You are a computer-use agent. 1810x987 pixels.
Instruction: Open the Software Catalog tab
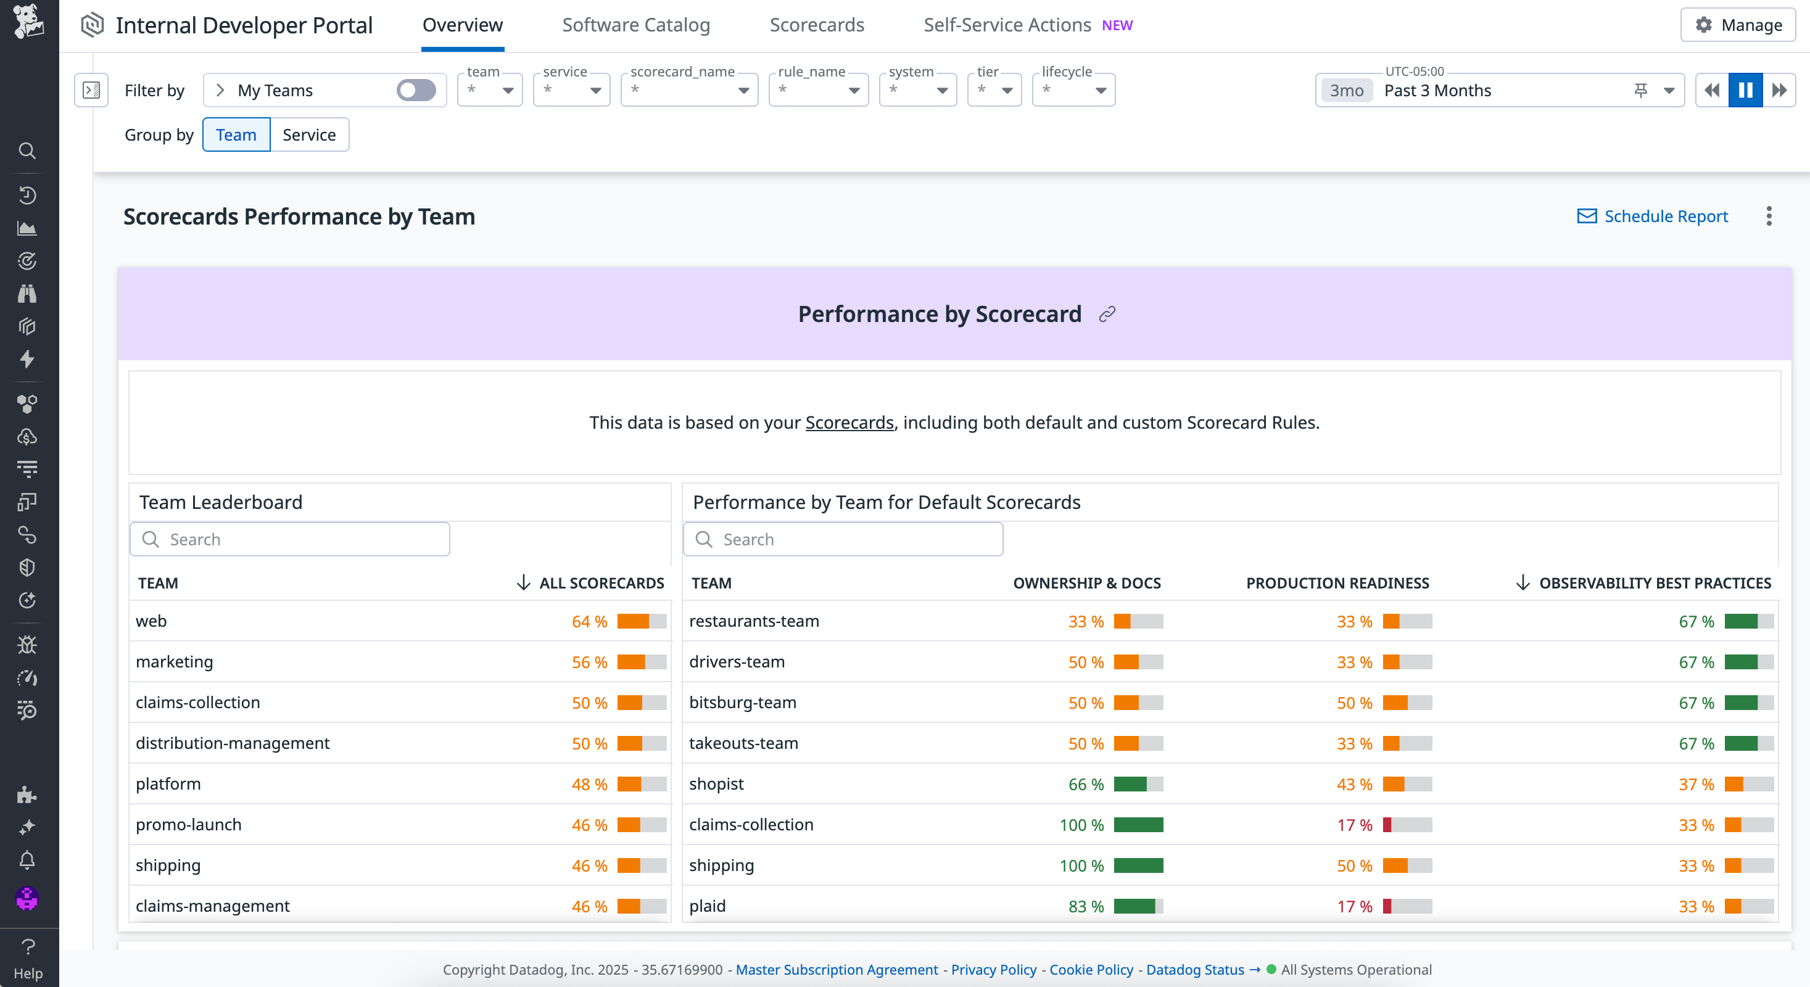point(635,25)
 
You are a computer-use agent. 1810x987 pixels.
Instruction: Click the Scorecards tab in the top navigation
point(816,25)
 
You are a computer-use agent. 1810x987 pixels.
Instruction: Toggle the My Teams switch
point(416,90)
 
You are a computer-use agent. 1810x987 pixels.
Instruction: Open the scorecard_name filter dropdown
point(688,90)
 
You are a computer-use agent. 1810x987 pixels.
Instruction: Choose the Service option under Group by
point(308,135)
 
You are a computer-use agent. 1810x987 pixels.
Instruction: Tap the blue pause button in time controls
point(1745,90)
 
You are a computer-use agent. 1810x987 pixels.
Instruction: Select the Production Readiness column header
point(1336,583)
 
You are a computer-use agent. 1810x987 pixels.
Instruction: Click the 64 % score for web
point(589,622)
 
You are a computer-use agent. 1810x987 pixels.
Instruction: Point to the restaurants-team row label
point(753,621)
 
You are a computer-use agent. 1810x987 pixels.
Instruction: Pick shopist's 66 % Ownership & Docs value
point(1086,784)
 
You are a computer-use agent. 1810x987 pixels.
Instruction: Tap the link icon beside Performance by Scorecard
point(1107,314)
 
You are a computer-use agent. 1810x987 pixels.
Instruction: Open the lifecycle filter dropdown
point(1073,90)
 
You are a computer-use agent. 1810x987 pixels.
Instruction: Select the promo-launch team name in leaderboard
point(188,825)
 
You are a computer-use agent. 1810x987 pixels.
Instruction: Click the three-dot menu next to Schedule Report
point(1769,217)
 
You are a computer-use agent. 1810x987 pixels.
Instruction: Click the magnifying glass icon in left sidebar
point(27,151)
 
